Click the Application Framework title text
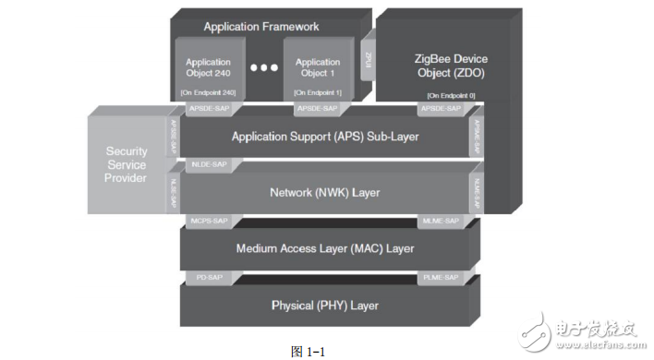pyautogui.click(x=260, y=27)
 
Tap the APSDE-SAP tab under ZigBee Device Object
pyautogui.click(x=440, y=110)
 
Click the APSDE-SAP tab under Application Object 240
pyautogui.click(x=205, y=110)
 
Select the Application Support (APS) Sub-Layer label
pyautogui.click(x=324, y=137)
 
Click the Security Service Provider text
pyautogui.click(x=127, y=164)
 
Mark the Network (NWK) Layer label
pyautogui.click(x=324, y=193)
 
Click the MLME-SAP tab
pyautogui.click(x=440, y=222)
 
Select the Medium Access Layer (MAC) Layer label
pyautogui.click(x=324, y=248)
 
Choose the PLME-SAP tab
pyautogui.click(x=440, y=277)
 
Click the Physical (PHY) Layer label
pyautogui.click(x=324, y=305)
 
